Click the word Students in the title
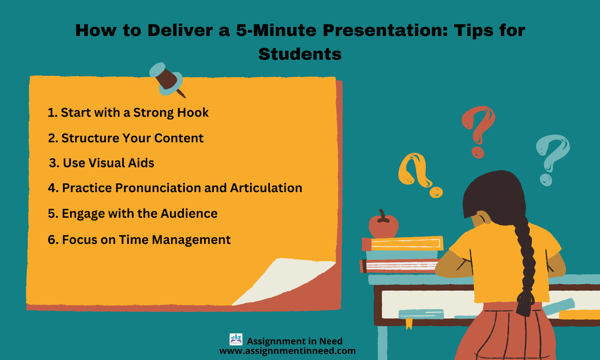300,54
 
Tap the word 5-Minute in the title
276,30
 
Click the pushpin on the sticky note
167,79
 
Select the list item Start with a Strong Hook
128,112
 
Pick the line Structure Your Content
126,138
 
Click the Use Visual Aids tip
102,163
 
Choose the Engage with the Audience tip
133,213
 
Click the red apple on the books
383,225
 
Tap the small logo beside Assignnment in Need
236,339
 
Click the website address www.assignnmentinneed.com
287,351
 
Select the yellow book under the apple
403,243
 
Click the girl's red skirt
506,332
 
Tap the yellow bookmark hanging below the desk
409,324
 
